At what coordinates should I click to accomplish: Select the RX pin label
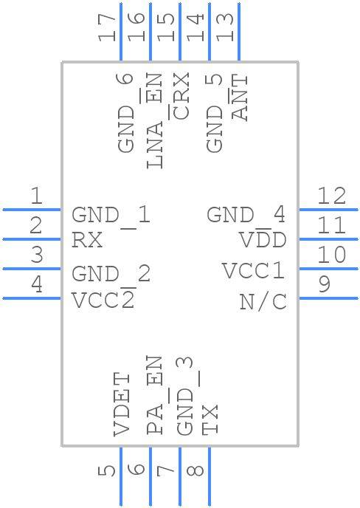(x=87, y=240)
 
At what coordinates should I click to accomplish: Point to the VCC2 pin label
(x=103, y=300)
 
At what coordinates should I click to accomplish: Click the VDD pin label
(x=263, y=240)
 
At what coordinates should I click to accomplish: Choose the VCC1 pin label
(x=254, y=270)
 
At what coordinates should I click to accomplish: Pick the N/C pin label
(x=263, y=302)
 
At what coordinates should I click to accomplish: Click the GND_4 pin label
(x=246, y=215)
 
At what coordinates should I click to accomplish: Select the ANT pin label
(x=240, y=98)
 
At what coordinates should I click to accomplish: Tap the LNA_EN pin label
(x=154, y=120)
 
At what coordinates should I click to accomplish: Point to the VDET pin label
(x=122, y=405)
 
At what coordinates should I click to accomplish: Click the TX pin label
(x=210, y=419)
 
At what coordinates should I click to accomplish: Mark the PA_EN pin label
(x=154, y=395)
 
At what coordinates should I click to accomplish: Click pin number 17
(x=107, y=28)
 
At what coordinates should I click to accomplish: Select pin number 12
(x=331, y=196)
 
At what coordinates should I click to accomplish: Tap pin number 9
(x=325, y=284)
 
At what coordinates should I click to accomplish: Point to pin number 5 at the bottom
(x=107, y=471)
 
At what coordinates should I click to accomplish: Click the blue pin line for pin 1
(x=32, y=210)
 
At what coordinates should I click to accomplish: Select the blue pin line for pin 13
(x=239, y=32)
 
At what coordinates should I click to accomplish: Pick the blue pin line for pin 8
(x=210, y=476)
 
